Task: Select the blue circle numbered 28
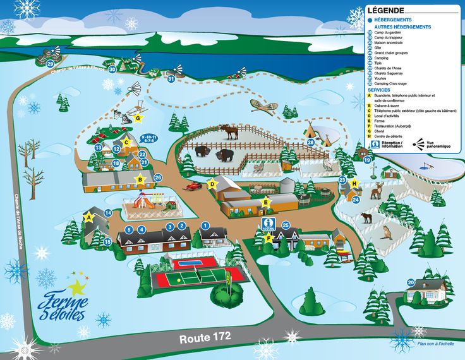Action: click(x=310, y=143)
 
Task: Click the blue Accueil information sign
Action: click(x=270, y=225)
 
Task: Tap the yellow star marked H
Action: click(x=354, y=184)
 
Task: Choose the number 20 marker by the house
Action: click(x=411, y=282)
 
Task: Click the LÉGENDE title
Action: click(x=385, y=11)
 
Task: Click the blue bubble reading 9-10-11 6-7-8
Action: click(x=149, y=139)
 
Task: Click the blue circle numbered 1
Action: click(x=205, y=225)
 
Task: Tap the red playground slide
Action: click(x=143, y=201)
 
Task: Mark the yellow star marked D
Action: click(x=212, y=184)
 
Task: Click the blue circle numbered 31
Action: click(x=171, y=79)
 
